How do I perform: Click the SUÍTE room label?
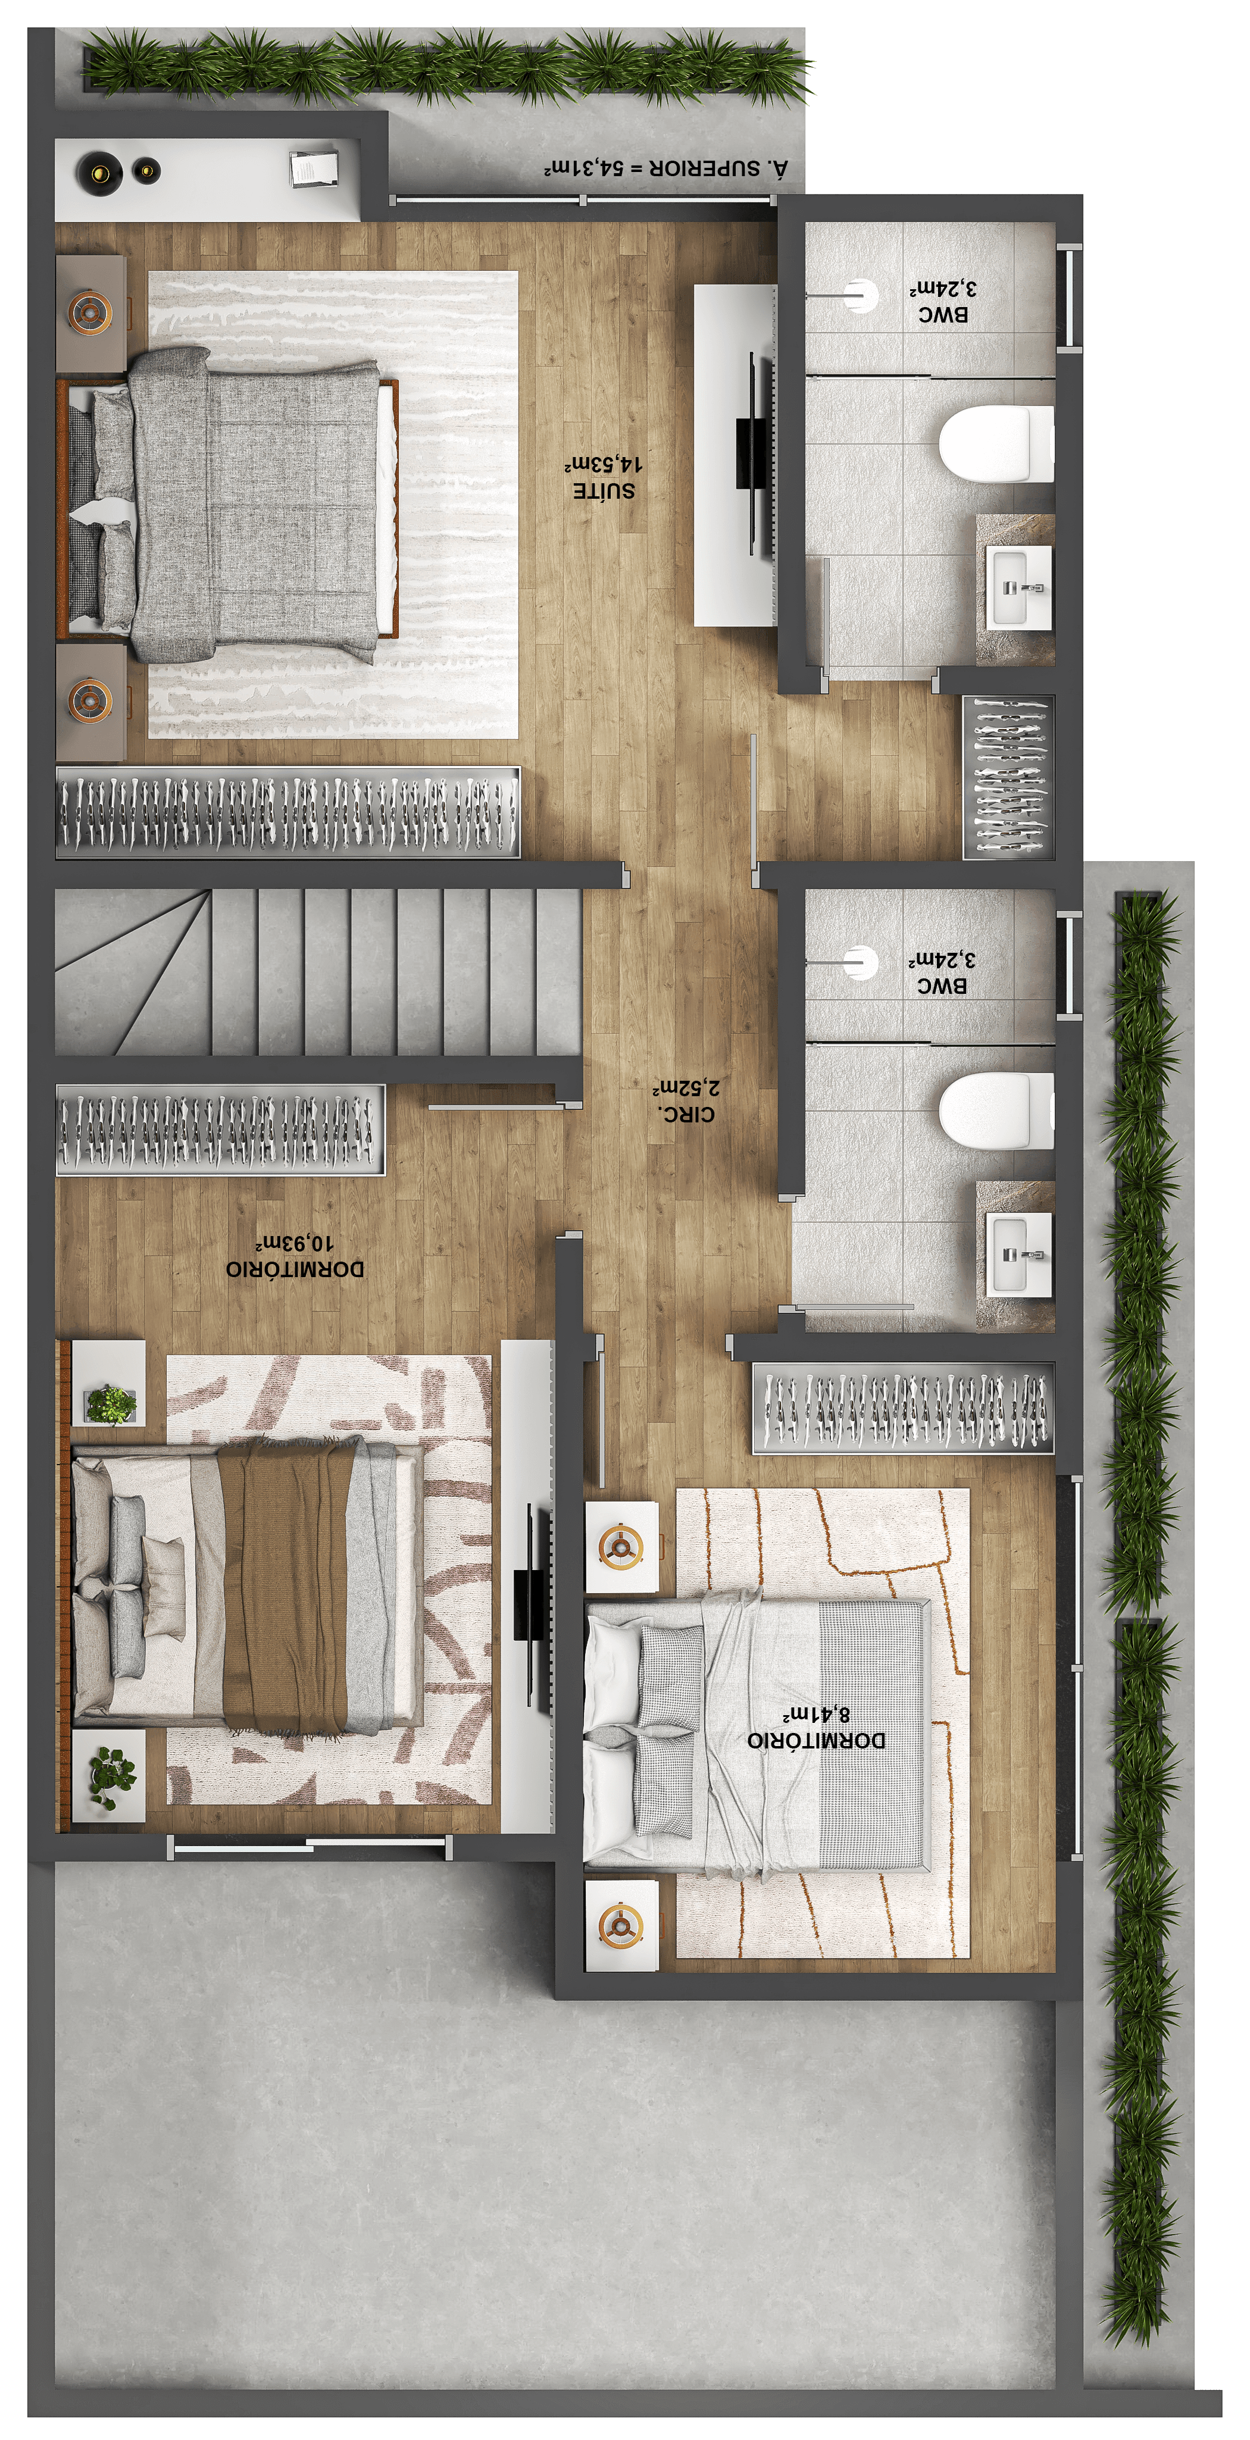[604, 490]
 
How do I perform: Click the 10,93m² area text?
[295, 1242]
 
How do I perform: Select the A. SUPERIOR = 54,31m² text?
[665, 168]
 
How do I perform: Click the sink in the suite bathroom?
[1020, 587]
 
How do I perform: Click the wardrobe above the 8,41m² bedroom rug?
[903, 1407]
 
